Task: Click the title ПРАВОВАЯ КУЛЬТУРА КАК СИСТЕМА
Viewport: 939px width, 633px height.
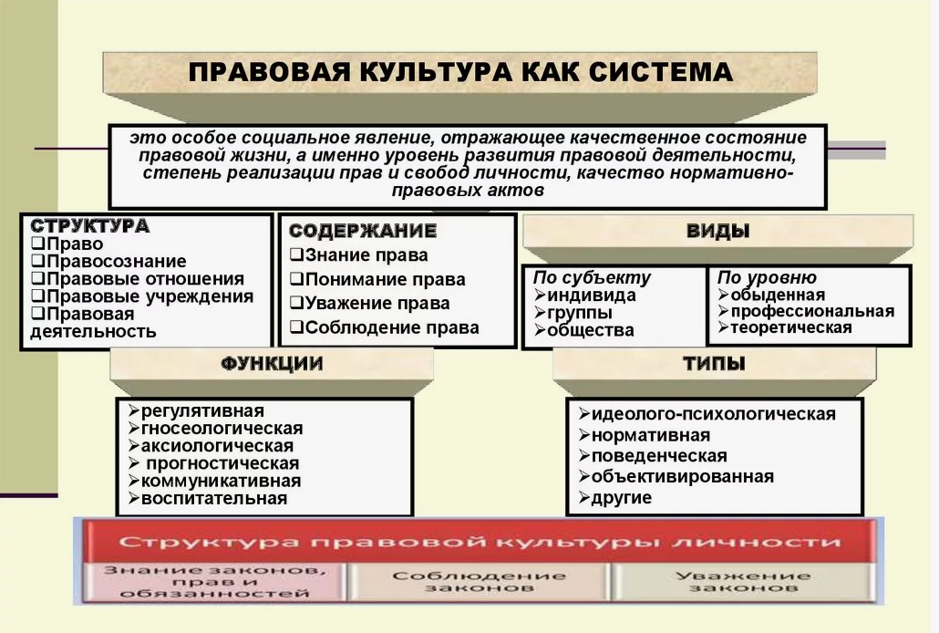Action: point(460,72)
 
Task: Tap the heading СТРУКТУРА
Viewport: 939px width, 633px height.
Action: point(90,226)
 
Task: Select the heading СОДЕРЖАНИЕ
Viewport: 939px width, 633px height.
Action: point(363,231)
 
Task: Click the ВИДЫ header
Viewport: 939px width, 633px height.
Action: point(717,231)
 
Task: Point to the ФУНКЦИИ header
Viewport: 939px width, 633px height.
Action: point(272,364)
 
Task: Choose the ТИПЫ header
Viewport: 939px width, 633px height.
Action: point(714,364)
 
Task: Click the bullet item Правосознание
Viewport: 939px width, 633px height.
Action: point(114,262)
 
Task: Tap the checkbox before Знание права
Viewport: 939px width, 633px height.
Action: point(296,255)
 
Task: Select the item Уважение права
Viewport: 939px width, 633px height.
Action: point(377,304)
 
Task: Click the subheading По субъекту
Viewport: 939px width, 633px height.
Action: point(593,278)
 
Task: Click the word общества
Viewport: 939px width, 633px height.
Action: point(590,330)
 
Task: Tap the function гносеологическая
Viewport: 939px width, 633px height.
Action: point(222,428)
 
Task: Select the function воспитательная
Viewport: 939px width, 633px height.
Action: point(213,498)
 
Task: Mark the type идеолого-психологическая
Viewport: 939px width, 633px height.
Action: point(713,414)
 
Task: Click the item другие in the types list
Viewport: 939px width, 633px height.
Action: point(621,498)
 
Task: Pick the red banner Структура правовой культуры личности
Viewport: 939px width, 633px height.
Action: point(480,542)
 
